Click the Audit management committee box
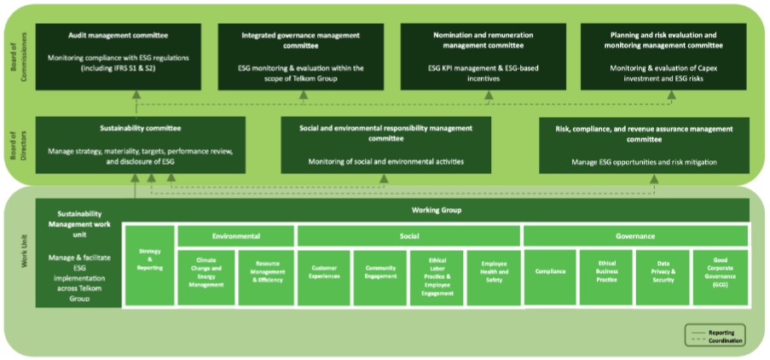click(x=118, y=56)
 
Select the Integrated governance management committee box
click(x=300, y=56)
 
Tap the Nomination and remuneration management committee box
click(x=483, y=56)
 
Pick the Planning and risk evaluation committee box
click(x=663, y=56)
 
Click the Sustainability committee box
click(x=140, y=145)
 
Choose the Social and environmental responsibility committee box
click(x=385, y=145)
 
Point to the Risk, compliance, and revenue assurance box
click(x=644, y=145)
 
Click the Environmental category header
click(x=235, y=235)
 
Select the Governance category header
click(x=635, y=235)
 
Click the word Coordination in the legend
click(x=724, y=340)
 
